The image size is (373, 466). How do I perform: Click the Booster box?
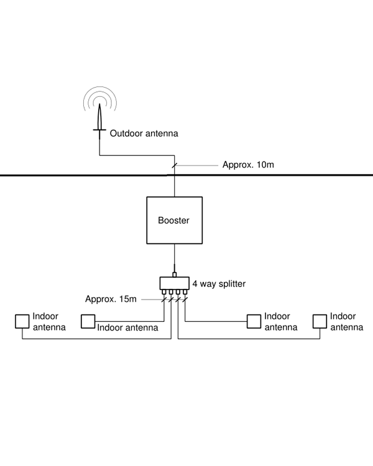pos(173,220)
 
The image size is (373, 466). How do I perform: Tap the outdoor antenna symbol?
pos(99,118)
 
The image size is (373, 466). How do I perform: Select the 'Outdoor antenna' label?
pos(144,133)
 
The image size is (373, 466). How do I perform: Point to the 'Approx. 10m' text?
pos(247,165)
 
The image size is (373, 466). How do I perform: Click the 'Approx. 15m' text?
pos(111,299)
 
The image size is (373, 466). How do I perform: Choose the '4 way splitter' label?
pos(219,284)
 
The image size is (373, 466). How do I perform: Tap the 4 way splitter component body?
pos(174,283)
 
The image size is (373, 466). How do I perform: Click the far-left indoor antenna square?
pos(22,321)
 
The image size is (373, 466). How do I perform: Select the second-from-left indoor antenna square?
pos(88,321)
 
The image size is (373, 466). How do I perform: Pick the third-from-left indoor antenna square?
pos(254,321)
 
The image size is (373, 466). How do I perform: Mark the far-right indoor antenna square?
pos(320,321)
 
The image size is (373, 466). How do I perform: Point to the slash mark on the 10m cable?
pos(174,165)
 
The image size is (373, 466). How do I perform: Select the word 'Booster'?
pos(173,221)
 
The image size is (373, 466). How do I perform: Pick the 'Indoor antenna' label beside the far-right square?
pos(346,322)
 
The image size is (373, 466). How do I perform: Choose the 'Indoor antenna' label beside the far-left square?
pos(49,322)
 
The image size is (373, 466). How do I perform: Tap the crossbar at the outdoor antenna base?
pos(99,129)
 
